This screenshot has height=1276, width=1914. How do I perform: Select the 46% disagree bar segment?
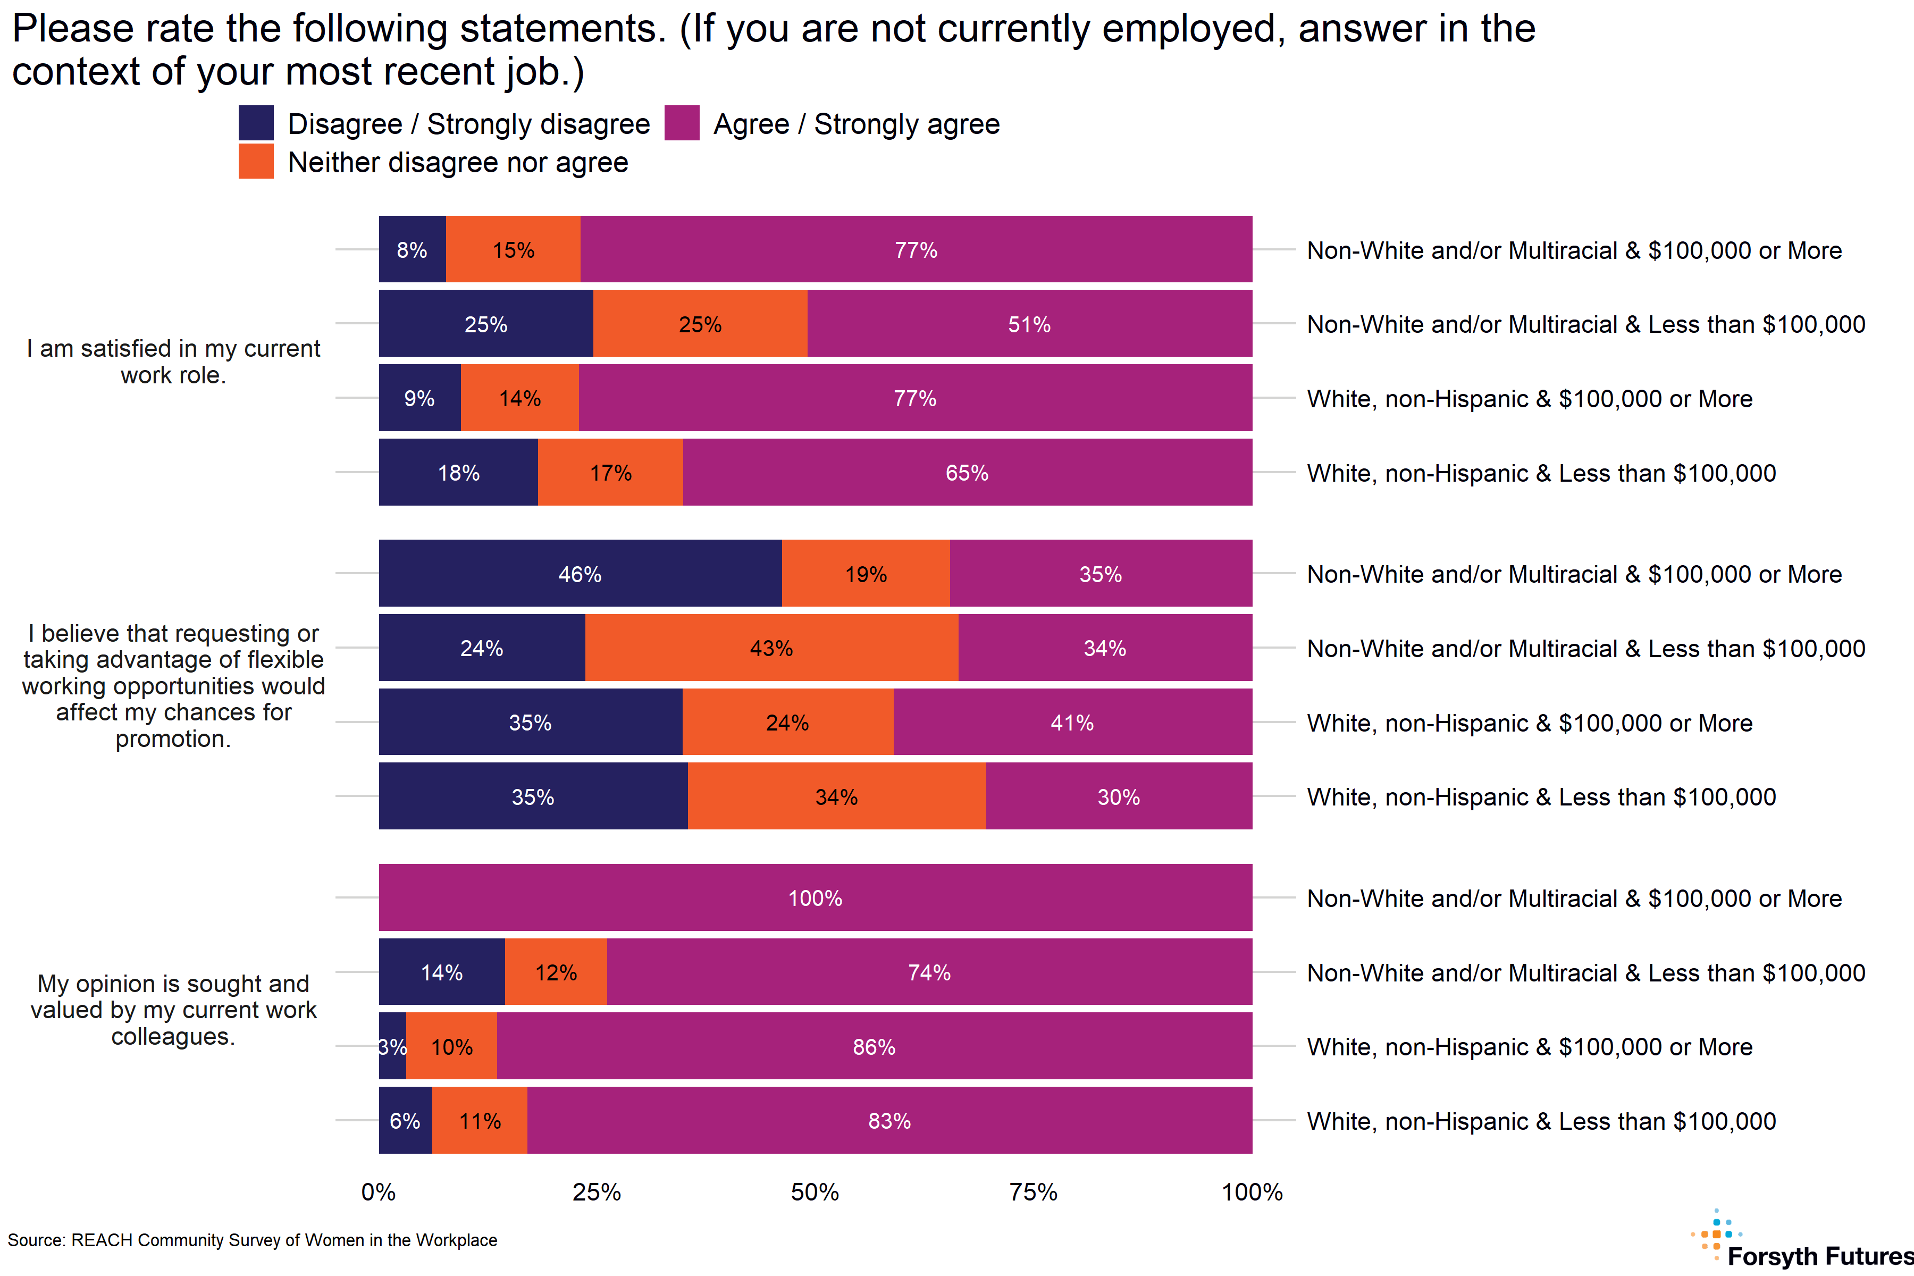click(580, 574)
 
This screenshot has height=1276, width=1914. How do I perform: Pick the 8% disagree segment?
click(412, 250)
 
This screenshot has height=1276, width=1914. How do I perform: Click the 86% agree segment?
click(874, 1046)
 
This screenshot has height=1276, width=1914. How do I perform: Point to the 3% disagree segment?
click(392, 1046)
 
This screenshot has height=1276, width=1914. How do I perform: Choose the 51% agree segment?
click(1029, 324)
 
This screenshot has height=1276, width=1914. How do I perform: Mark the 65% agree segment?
click(967, 472)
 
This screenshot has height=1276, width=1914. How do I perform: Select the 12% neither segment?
click(556, 972)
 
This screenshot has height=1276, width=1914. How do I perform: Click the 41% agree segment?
click(1072, 722)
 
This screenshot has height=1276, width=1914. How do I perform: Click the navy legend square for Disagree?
click(256, 123)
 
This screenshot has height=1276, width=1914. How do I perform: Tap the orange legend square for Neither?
click(256, 161)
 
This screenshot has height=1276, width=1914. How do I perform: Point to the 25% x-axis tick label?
click(597, 1192)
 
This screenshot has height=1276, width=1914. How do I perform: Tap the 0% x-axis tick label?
click(379, 1192)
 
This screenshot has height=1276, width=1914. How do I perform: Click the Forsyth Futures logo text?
click(1819, 1256)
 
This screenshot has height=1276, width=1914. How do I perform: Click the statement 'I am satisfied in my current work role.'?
click(173, 362)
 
